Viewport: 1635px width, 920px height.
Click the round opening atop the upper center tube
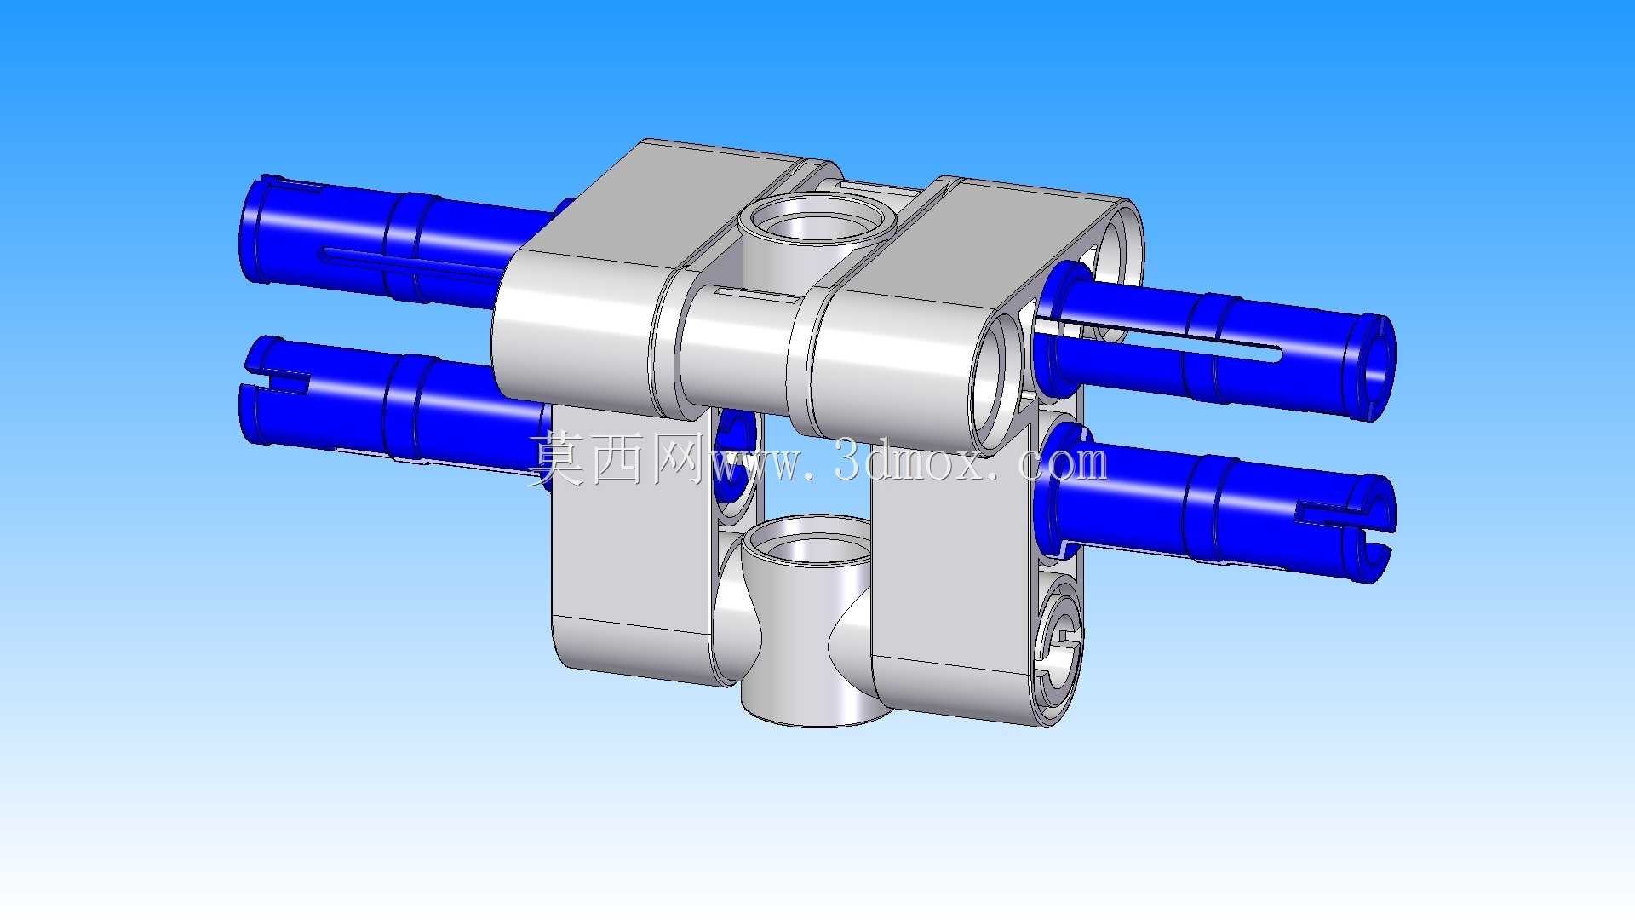point(816,222)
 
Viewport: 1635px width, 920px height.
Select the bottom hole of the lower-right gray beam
point(1058,650)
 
